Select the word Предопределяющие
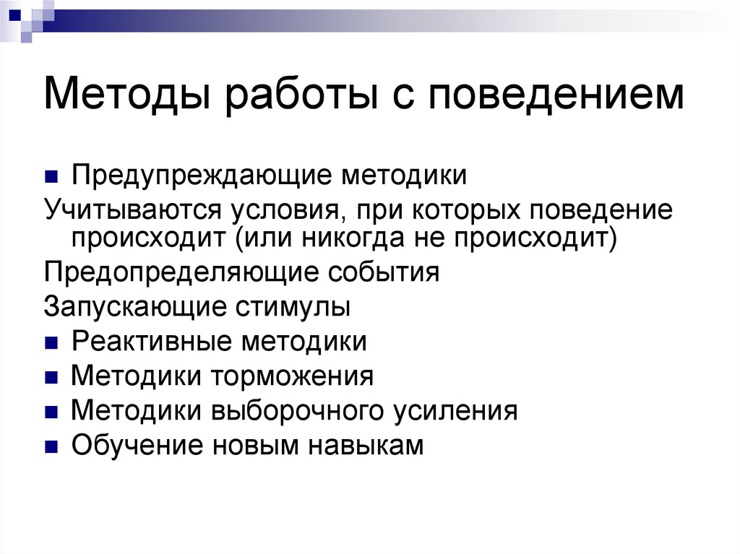(x=177, y=272)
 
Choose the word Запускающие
(x=134, y=306)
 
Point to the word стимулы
(x=293, y=306)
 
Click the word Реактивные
(x=151, y=341)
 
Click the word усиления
(x=455, y=411)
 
